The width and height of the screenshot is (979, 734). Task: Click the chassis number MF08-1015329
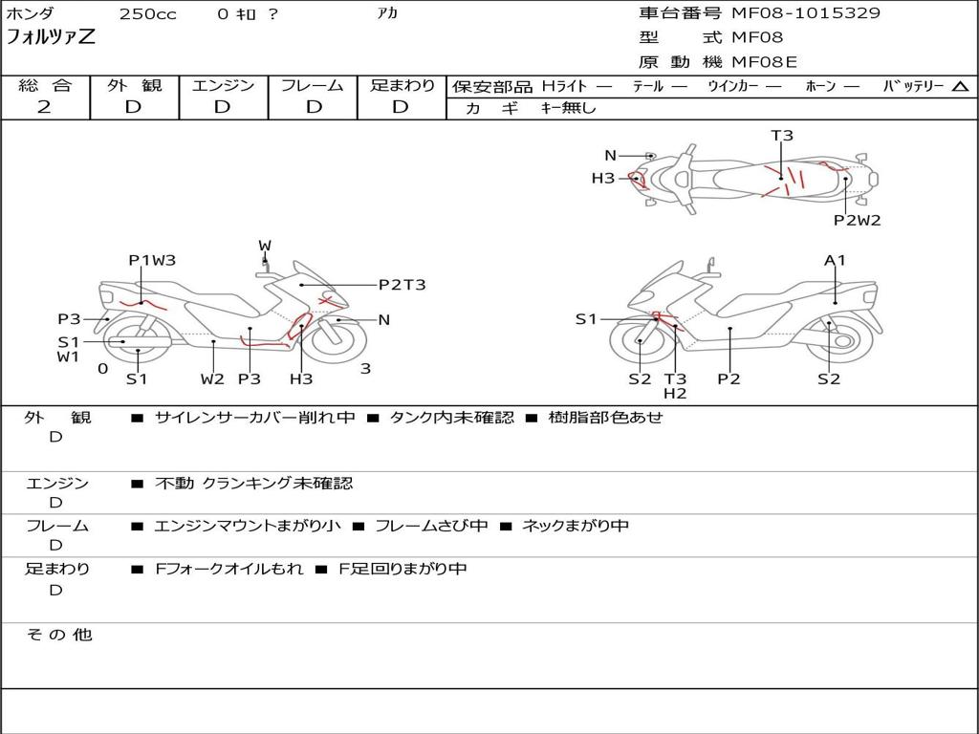pyautogui.click(x=805, y=13)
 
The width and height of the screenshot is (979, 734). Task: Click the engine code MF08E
pyautogui.click(x=764, y=62)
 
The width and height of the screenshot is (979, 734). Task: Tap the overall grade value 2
pyautogui.click(x=44, y=107)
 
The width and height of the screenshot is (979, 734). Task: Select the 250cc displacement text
pyautogui.click(x=147, y=14)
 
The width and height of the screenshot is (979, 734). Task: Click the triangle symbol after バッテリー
pyautogui.click(x=960, y=87)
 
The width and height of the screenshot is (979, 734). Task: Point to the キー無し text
pyautogui.click(x=568, y=108)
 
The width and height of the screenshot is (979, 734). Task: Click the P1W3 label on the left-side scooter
pyautogui.click(x=152, y=260)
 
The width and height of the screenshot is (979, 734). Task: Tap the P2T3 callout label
pyautogui.click(x=402, y=285)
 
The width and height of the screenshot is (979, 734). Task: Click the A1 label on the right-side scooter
pyautogui.click(x=835, y=260)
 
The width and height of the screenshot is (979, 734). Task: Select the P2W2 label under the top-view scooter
pyautogui.click(x=858, y=221)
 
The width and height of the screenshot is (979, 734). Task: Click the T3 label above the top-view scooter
pyautogui.click(x=782, y=136)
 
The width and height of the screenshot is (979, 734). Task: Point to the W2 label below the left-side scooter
pyautogui.click(x=212, y=378)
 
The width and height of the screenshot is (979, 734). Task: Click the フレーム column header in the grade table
pyautogui.click(x=313, y=85)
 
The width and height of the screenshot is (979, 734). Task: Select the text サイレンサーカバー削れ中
pyautogui.click(x=254, y=418)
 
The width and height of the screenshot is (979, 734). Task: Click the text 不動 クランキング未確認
pyautogui.click(x=253, y=483)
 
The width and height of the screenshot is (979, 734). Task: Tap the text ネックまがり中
pyautogui.click(x=575, y=526)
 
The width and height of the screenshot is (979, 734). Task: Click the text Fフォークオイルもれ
pyautogui.click(x=229, y=570)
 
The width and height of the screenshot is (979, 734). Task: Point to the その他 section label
pyautogui.click(x=59, y=635)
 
